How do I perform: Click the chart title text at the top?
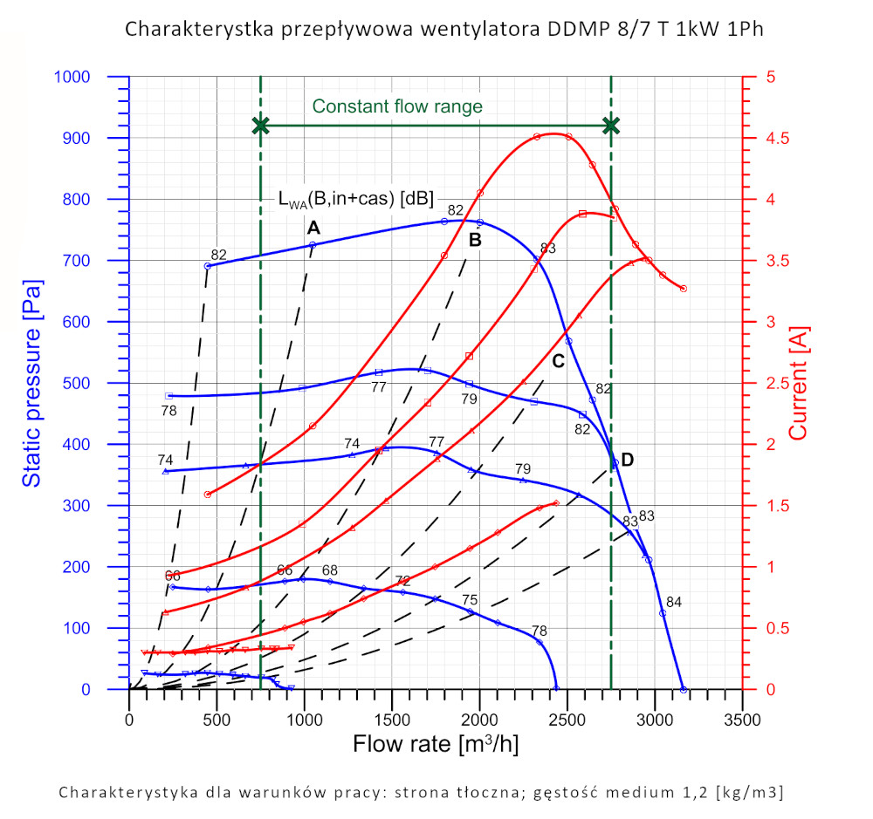coord(444,29)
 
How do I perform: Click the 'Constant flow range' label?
coord(397,106)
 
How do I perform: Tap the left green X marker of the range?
coord(260,126)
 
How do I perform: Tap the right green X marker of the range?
coord(611,126)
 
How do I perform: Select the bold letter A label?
coord(313,228)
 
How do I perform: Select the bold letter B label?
coord(476,240)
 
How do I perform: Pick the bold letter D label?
coord(627,460)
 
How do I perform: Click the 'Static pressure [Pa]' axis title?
coord(32,383)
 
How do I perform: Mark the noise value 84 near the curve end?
coord(674,602)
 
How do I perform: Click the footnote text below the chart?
coord(421,792)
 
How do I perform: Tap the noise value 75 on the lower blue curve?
coord(470,600)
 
